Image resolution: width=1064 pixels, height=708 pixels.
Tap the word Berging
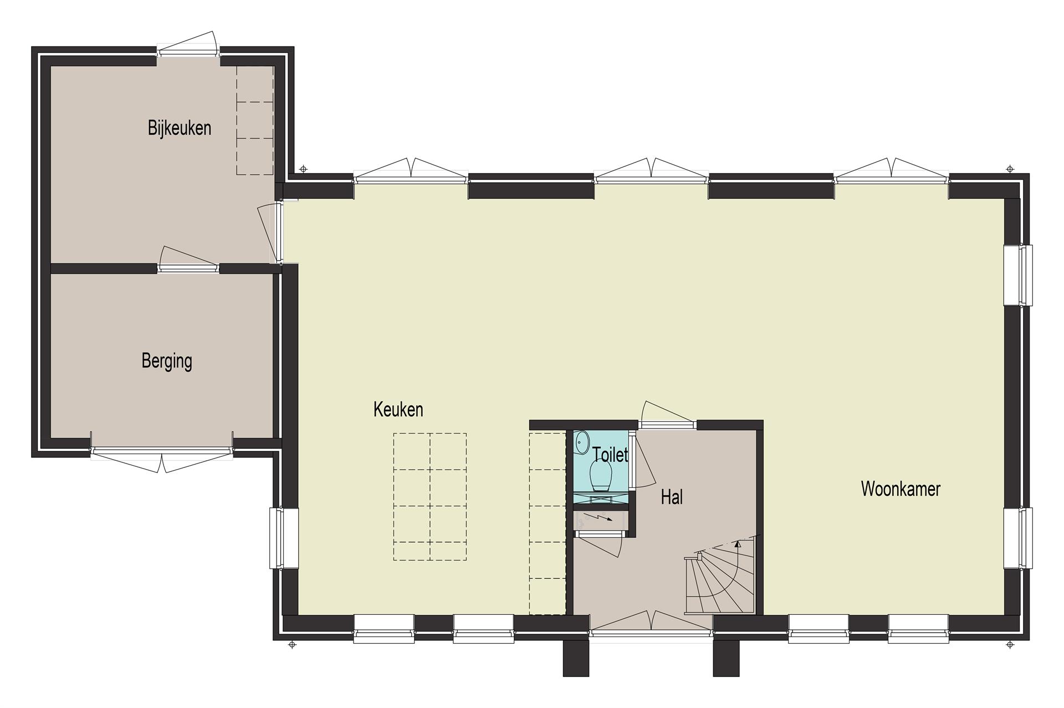coord(167,361)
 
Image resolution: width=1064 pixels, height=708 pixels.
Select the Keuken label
coord(398,410)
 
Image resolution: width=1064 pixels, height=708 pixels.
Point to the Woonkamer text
coord(901,488)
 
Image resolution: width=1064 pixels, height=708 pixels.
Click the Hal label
coord(672,497)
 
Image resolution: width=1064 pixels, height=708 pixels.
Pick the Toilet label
coord(610,455)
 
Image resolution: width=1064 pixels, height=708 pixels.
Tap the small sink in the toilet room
coord(582,442)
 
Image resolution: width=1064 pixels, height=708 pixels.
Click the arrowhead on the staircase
coord(738,544)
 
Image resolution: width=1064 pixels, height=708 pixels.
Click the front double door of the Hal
coord(652,621)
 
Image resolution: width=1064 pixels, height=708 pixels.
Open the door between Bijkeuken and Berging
coord(188,261)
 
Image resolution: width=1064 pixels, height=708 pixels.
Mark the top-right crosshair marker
coord(1010,169)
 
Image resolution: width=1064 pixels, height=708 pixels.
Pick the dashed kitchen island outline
coord(430,497)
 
